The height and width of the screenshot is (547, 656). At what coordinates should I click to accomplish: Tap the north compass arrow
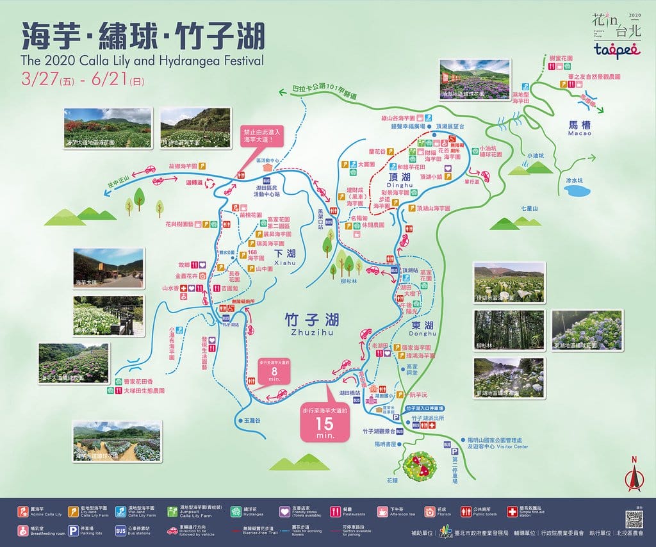pos(634,476)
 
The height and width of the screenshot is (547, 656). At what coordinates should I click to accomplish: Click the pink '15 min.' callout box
pos(325,421)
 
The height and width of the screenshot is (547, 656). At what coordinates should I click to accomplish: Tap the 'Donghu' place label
pos(421,333)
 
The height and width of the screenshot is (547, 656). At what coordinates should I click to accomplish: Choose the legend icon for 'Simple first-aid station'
pos(512,512)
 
